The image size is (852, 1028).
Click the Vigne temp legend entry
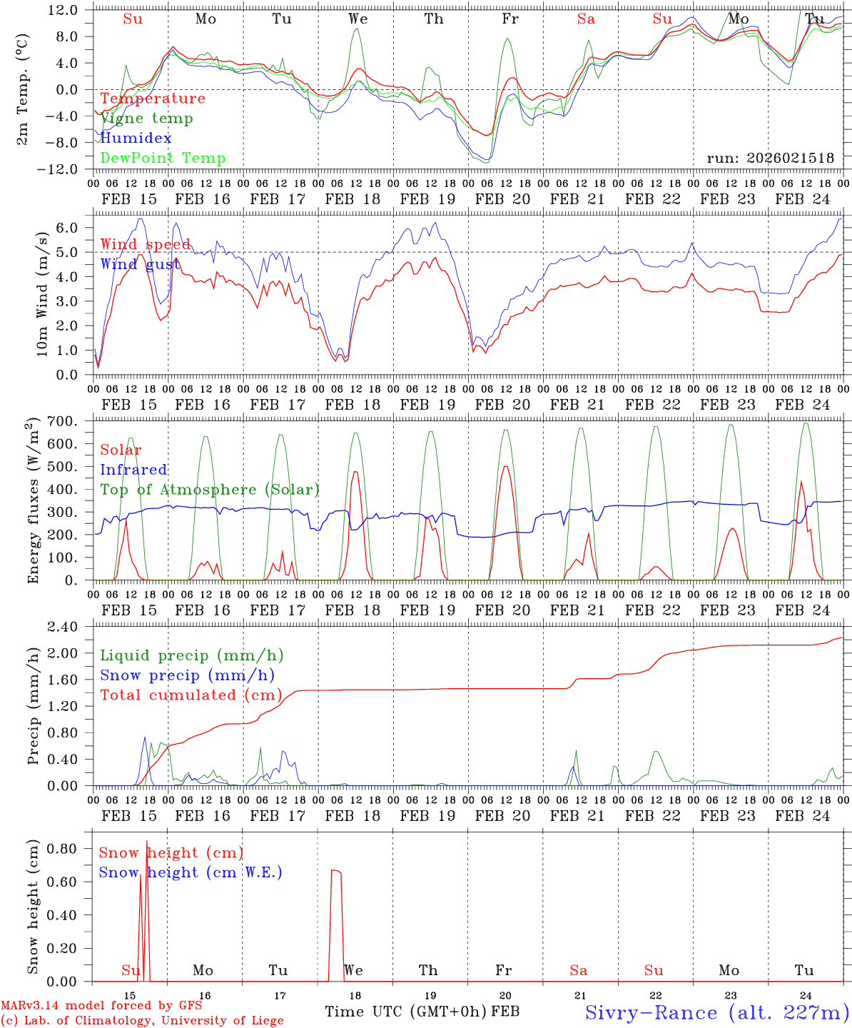[146, 119]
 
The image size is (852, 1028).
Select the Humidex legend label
[136, 138]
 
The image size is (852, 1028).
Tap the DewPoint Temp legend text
[163, 158]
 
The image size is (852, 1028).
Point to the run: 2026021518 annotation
[770, 158]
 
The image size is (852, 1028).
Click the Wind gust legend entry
[140, 264]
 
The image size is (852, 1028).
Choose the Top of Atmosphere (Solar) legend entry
[210, 490]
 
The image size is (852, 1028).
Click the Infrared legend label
[133, 470]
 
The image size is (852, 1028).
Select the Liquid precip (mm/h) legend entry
[192, 655]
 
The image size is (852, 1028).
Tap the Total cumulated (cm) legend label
[191, 695]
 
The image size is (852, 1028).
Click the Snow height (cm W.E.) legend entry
[190, 872]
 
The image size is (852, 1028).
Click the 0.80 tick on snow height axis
[63, 849]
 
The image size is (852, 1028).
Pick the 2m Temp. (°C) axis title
[23, 89]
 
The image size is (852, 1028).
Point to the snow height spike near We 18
[335, 871]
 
